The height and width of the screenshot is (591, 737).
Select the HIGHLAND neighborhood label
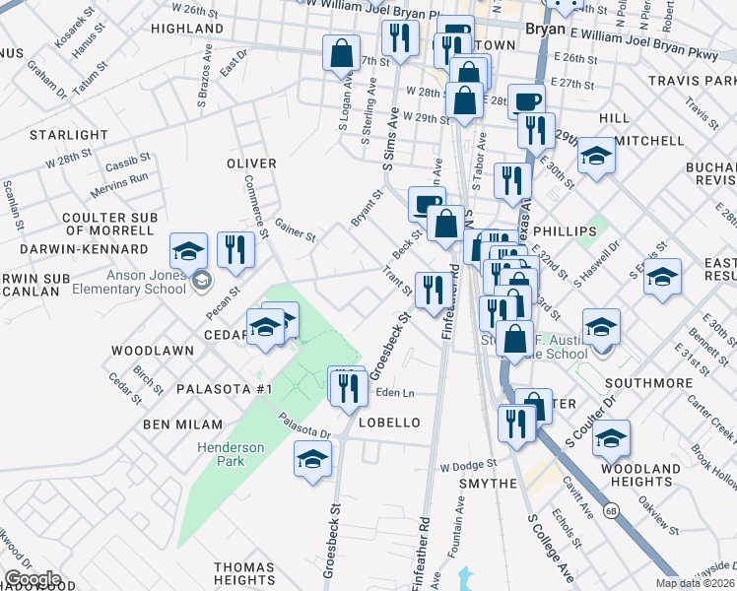[x=187, y=30]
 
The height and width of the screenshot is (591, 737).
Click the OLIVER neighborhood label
[x=251, y=163]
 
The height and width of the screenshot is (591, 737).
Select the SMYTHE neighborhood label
[x=489, y=484]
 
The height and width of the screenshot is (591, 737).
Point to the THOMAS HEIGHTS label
[x=245, y=575]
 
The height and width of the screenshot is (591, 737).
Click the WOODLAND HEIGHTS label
[x=645, y=475]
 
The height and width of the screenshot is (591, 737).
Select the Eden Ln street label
[x=394, y=392]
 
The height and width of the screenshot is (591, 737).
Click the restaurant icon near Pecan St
[x=236, y=250]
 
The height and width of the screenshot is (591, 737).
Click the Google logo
[x=32, y=579]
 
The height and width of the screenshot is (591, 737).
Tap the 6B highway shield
[x=611, y=510]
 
